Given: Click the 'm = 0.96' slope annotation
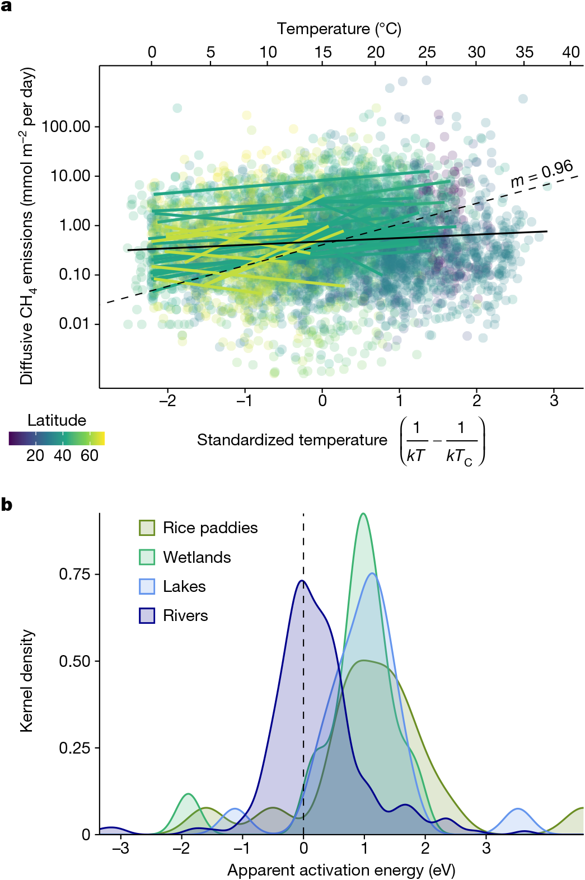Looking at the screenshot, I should (542, 173).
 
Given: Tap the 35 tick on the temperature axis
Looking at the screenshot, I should (525, 52).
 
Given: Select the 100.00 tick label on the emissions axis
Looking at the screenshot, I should (65, 126).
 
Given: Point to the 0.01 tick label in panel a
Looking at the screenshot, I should (74, 324).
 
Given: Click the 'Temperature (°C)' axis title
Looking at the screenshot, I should (339, 29).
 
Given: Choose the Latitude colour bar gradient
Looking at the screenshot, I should (57, 439).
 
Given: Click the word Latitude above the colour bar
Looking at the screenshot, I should (57, 420).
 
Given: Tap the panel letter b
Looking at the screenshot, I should (7, 505).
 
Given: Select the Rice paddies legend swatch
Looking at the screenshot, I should (147, 528).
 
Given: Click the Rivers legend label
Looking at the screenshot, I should (185, 615).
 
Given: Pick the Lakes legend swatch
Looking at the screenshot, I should (147, 586).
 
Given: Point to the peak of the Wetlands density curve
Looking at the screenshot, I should (364, 514).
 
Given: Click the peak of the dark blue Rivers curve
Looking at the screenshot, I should (302, 581).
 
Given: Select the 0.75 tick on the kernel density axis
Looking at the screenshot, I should (74, 574).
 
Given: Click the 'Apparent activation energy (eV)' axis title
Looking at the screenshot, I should (341, 870).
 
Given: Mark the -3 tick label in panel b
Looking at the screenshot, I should (120, 848).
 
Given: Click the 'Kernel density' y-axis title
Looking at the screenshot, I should (26, 681).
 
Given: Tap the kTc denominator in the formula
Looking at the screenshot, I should (459, 456).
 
